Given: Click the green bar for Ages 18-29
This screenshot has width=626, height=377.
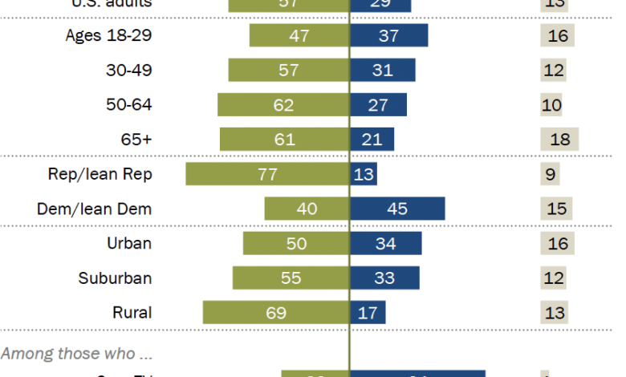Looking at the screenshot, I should (x=299, y=35).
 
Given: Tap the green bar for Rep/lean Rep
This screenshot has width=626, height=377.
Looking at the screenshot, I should (x=267, y=174).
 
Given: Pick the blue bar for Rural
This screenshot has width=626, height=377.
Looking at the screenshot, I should (x=368, y=313).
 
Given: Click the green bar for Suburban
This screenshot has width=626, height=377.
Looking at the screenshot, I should (x=291, y=278).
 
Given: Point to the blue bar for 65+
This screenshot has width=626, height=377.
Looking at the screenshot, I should (x=372, y=140).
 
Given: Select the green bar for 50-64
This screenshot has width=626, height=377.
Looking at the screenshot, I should (x=283, y=105).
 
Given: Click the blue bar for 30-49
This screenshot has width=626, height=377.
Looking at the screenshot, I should (x=383, y=70).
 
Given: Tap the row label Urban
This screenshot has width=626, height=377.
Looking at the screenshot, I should (x=129, y=244).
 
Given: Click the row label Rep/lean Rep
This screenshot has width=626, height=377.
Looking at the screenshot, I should (x=100, y=174).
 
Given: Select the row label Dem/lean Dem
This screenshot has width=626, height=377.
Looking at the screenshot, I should (x=95, y=209).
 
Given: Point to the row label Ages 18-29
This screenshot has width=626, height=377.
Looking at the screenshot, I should (x=108, y=35).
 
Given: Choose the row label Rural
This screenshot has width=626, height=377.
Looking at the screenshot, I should (x=132, y=313).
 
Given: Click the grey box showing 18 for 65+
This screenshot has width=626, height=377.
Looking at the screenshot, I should (x=559, y=140).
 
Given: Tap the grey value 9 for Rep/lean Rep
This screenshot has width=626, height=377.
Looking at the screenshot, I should (x=550, y=174).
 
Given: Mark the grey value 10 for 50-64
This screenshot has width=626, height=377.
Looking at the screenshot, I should (x=551, y=105).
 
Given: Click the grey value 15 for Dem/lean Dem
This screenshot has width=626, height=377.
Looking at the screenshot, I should (x=555, y=209).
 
